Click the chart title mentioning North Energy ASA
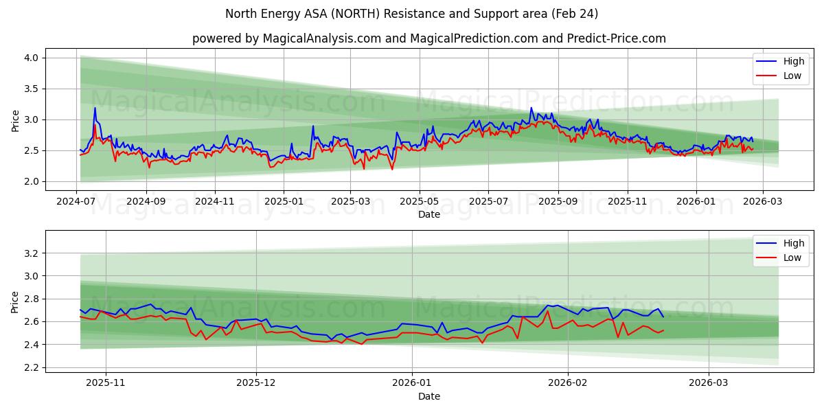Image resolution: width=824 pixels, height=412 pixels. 412,14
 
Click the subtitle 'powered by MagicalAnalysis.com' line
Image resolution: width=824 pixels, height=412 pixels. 428,38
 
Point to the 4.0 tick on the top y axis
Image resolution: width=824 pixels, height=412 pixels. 31,58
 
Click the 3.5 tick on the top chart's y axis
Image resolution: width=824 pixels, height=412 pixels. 31,89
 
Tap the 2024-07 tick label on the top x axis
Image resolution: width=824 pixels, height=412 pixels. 76,203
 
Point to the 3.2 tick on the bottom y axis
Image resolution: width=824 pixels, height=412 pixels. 31,253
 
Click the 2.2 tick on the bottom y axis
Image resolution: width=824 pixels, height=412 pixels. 31,367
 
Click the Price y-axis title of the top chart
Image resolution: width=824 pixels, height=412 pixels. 15,120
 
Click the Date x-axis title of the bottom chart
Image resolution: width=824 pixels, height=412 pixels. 429,396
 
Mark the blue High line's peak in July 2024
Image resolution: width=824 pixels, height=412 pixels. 95,108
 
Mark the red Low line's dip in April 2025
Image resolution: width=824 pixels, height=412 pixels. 392,169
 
